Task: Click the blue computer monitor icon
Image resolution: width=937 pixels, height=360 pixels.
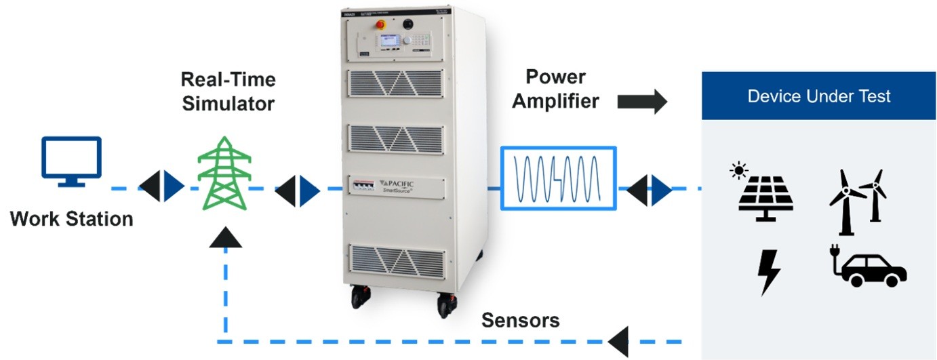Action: coord(71,161)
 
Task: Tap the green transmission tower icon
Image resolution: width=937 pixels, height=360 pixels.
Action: coord(224,176)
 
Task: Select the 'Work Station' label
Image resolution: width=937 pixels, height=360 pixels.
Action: coord(71,219)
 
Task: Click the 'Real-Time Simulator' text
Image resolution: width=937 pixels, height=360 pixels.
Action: coord(228,92)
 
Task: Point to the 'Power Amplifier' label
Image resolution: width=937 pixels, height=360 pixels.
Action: coord(556,89)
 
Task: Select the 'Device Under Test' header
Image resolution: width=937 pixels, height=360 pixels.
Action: coord(819,96)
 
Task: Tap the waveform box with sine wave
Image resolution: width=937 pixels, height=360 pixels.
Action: coord(559,177)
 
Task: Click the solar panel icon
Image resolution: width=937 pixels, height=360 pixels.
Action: coord(767,196)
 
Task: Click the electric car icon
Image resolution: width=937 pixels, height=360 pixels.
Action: coord(868,270)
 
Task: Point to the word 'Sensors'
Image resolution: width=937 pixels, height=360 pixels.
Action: coord(520,320)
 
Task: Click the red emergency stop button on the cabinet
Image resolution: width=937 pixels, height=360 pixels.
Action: coord(380,24)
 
